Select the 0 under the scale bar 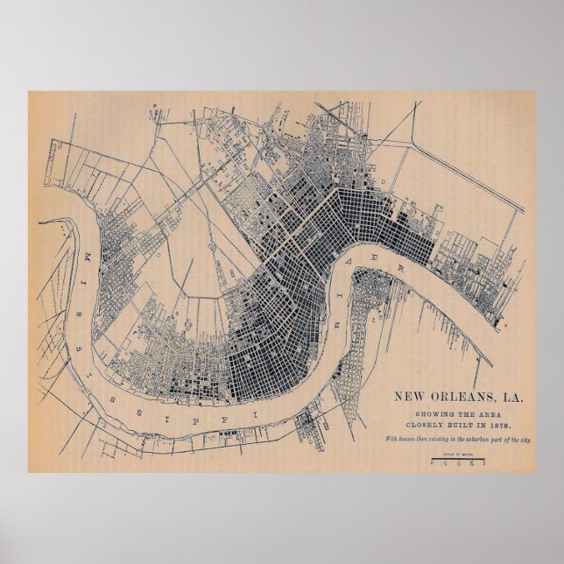click(433, 464)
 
